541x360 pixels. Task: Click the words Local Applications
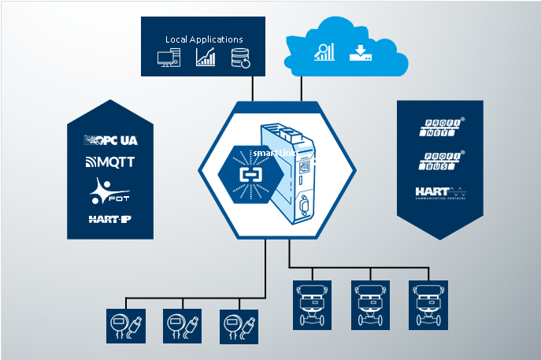pyautogui.click(x=204, y=39)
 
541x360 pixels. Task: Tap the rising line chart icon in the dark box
pyautogui.click(x=206, y=57)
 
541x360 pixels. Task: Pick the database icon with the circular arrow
pyautogui.click(x=240, y=58)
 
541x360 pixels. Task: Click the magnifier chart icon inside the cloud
pyautogui.click(x=324, y=52)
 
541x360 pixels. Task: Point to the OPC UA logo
pyautogui.click(x=110, y=140)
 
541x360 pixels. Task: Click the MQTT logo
pyautogui.click(x=110, y=163)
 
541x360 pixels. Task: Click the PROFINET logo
pyautogui.click(x=440, y=128)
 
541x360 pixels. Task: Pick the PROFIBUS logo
pyautogui.click(x=440, y=160)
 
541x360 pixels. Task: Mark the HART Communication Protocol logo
pyautogui.click(x=440, y=192)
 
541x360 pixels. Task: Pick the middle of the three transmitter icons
pyautogui.click(x=182, y=325)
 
